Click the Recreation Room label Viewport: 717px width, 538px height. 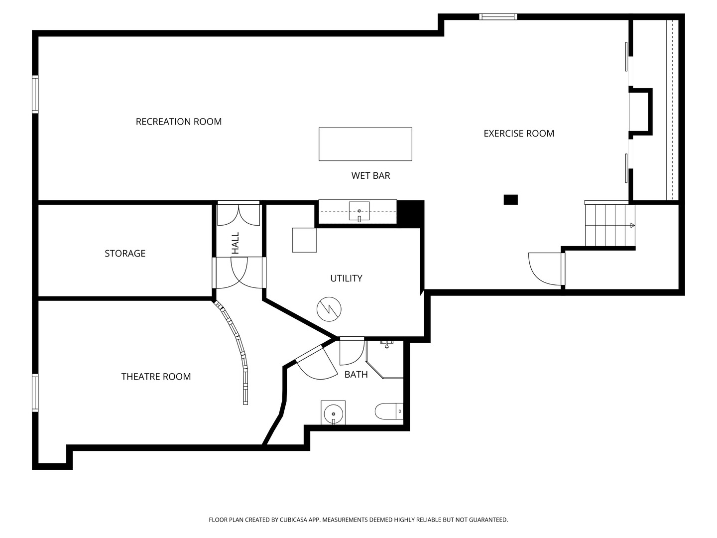179,122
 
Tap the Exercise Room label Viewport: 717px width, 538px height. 519,134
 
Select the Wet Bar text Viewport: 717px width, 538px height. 371,175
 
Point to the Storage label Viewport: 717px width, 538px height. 125,253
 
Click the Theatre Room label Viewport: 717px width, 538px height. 156,377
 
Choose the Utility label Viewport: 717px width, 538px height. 346,278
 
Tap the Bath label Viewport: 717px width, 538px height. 356,374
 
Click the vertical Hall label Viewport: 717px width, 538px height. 236,243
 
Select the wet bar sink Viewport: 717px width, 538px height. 359,211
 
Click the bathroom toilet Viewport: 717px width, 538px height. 389,411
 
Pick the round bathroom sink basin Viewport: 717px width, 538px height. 333,414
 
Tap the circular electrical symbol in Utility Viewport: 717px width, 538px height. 329,309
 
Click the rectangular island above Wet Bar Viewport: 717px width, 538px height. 365,144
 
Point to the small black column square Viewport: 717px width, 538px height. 510,200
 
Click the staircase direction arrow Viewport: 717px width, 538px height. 632,225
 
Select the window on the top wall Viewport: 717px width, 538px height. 498,16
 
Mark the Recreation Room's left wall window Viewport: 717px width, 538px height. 35,95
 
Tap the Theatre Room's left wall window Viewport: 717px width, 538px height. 35,393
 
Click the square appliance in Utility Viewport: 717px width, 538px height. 304,240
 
